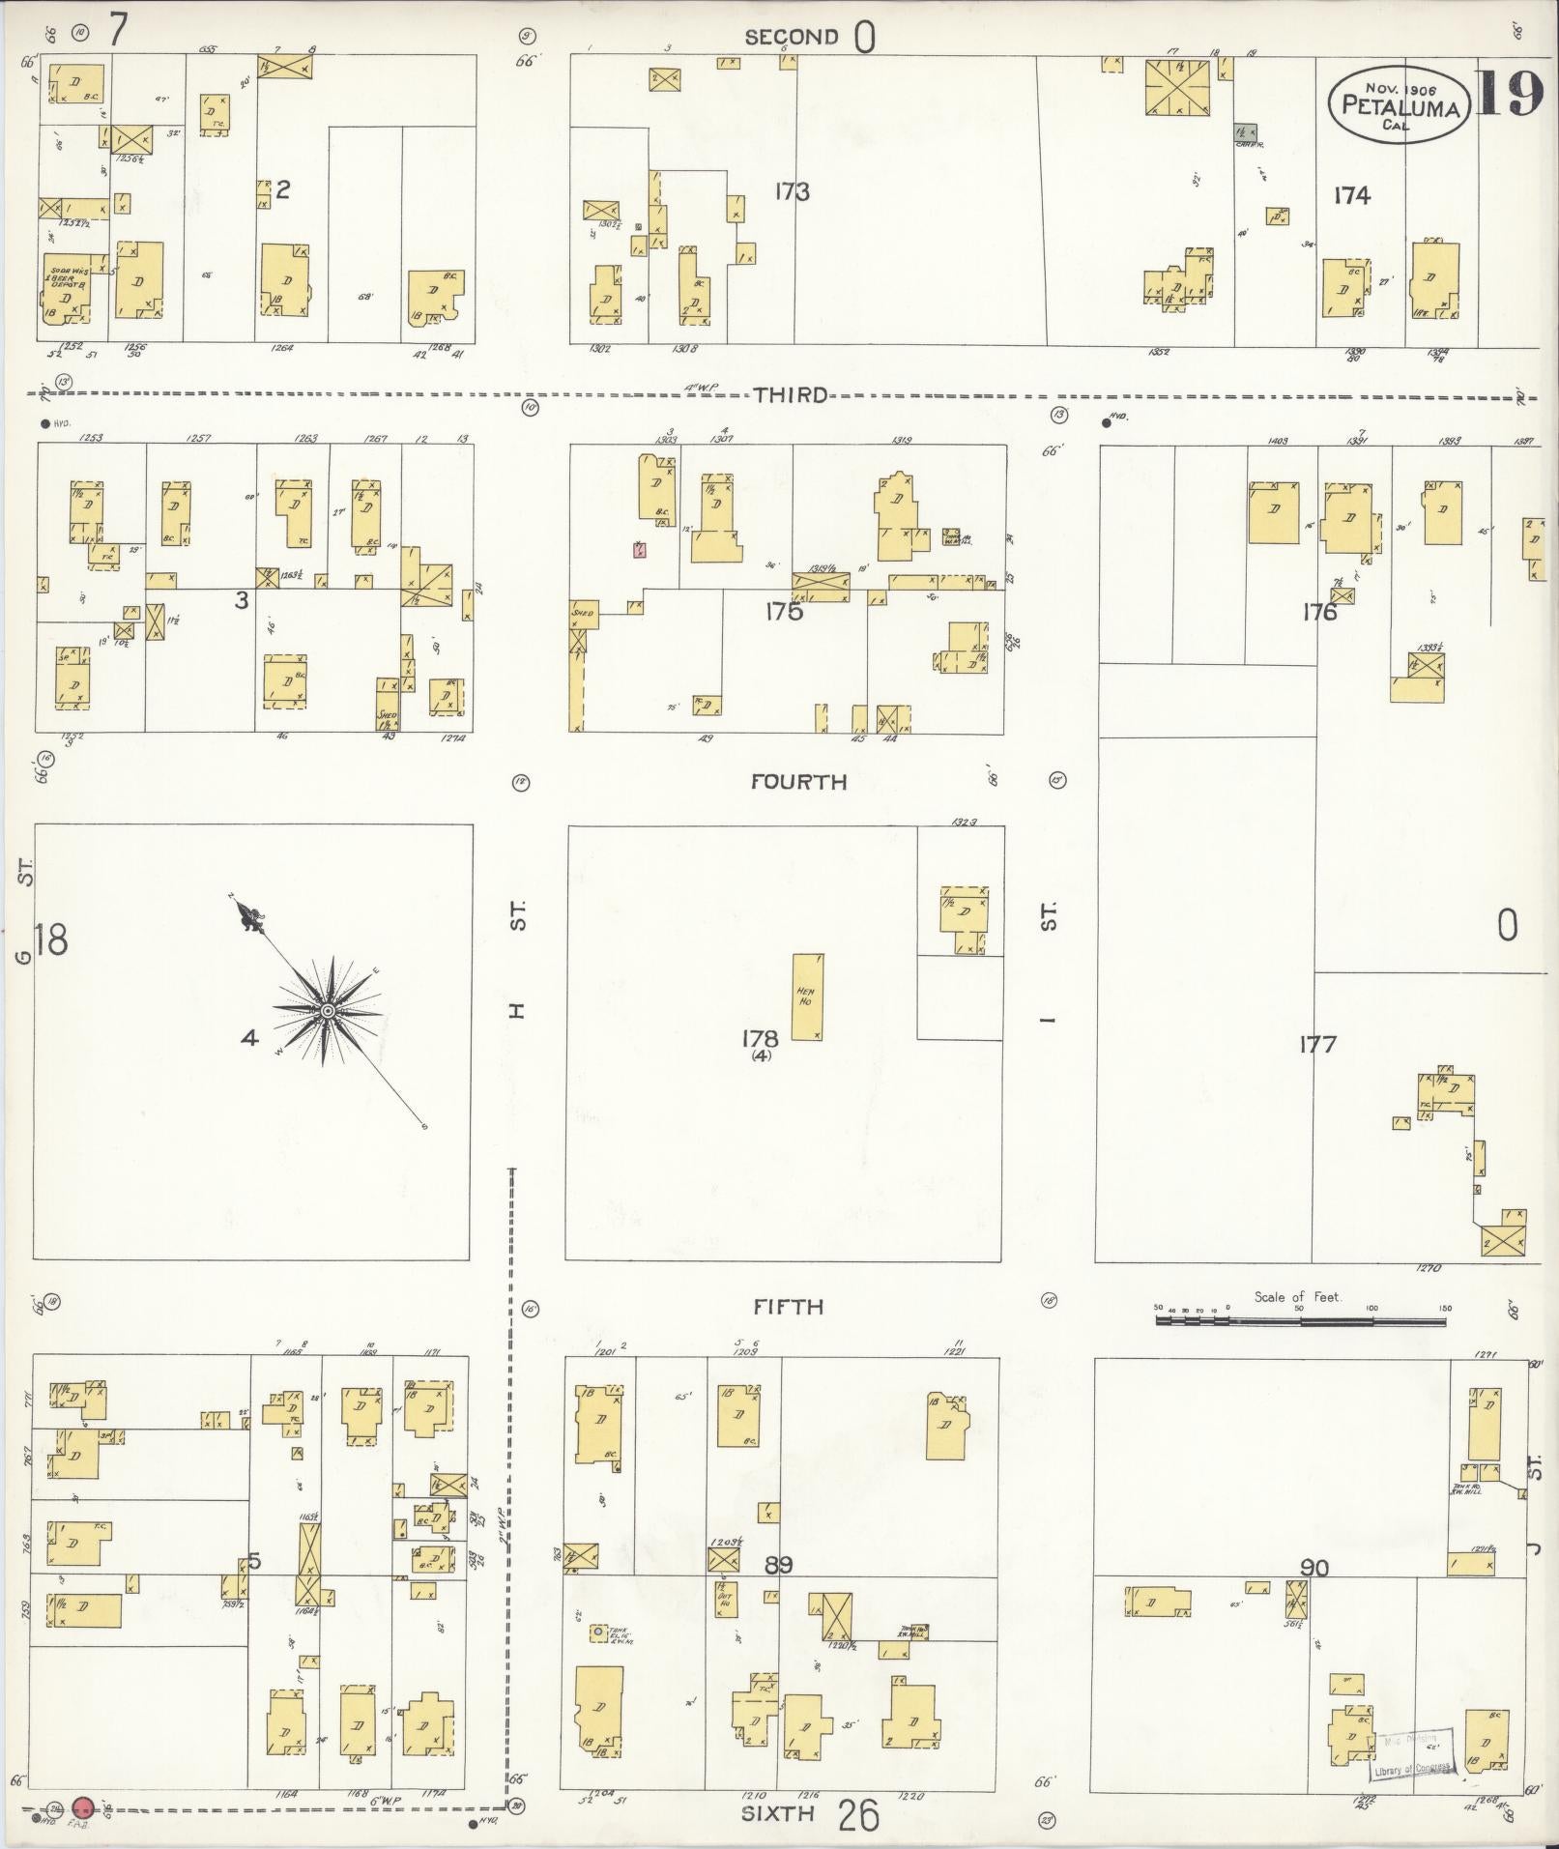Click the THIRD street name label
tap(791, 394)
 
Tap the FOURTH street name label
tap(798, 781)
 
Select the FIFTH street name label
tap(789, 1307)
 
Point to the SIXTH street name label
tap(776, 1813)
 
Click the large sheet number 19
tap(1510, 95)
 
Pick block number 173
tap(791, 191)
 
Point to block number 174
tap(1351, 195)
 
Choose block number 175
tap(783, 611)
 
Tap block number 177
tap(1317, 1044)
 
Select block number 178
tap(760, 1039)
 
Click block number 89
tap(779, 1564)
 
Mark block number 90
tap(1314, 1568)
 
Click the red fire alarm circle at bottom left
tap(83, 1806)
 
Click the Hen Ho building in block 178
tap(806, 997)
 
